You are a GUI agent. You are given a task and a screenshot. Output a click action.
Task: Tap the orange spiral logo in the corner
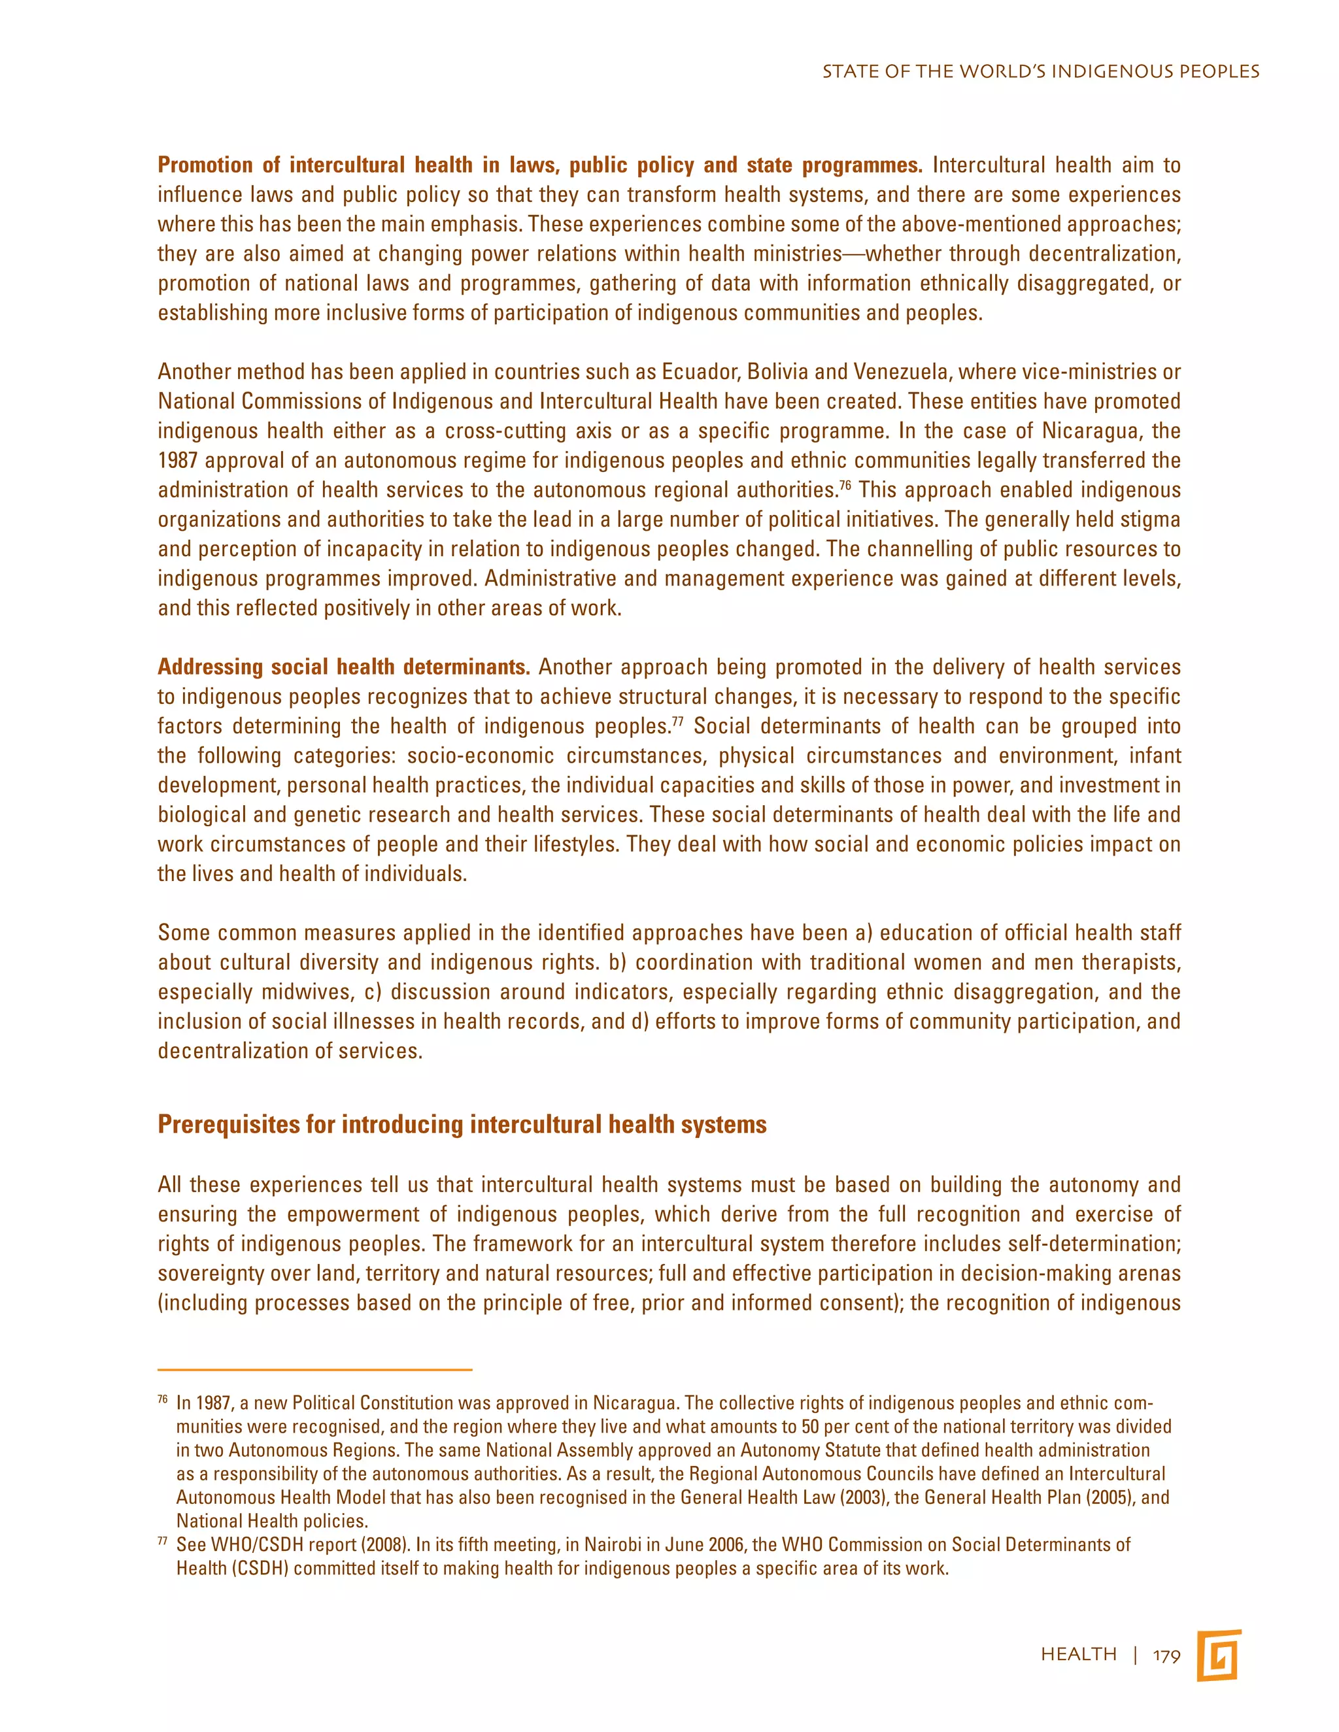[1219, 1655]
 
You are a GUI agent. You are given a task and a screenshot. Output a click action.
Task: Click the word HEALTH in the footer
[1079, 1654]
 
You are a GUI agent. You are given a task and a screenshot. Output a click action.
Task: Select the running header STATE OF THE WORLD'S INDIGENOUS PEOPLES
[1040, 71]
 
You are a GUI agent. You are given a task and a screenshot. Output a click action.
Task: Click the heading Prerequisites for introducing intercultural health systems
[462, 1125]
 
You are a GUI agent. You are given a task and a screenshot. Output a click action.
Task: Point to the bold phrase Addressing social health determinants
[343, 667]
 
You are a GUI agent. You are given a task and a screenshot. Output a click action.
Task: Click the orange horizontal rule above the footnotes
[315, 1369]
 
